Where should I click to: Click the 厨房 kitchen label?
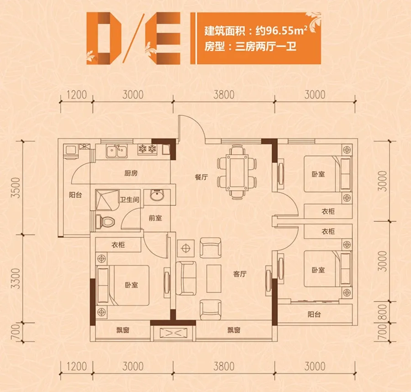[131, 173]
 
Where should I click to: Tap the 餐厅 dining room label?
[201, 177]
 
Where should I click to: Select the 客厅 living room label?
[240, 274]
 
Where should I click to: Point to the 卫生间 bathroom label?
[130, 199]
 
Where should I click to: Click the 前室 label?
[155, 218]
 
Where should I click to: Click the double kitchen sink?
[116, 151]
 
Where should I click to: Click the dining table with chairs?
[237, 172]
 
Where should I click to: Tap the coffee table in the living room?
[214, 278]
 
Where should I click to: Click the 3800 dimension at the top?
[224, 94]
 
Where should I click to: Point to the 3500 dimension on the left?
[16, 188]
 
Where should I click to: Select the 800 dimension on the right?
[383, 312]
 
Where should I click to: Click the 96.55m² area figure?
[286, 31]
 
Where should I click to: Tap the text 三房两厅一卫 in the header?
[266, 47]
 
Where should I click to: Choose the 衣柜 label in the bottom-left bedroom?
[118, 245]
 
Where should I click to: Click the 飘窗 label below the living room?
[234, 330]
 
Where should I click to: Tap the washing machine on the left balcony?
[71, 152]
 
